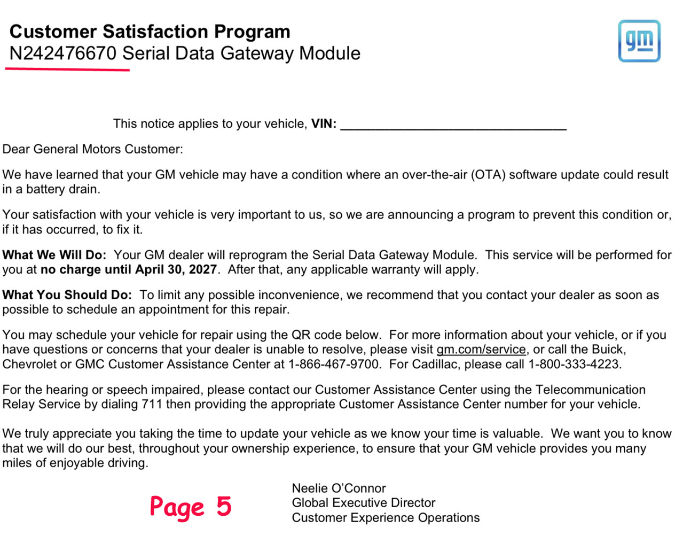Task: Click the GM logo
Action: (639, 41)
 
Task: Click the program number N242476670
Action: (62, 53)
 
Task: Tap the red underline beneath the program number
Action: (67, 69)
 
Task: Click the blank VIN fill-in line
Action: (453, 128)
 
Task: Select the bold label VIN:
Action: (324, 124)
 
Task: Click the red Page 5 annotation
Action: (190, 507)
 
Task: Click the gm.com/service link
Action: (481, 350)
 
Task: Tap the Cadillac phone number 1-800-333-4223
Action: (574, 365)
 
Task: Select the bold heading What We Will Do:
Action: (54, 255)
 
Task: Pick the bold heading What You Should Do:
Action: (67, 295)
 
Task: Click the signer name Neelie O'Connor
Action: (339, 488)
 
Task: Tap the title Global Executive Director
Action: (363, 503)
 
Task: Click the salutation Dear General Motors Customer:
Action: (92, 149)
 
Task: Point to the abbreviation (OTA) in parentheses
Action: (488, 175)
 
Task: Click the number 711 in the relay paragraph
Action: (152, 404)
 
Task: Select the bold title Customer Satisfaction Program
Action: (150, 32)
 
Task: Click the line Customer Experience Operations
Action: (385, 518)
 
